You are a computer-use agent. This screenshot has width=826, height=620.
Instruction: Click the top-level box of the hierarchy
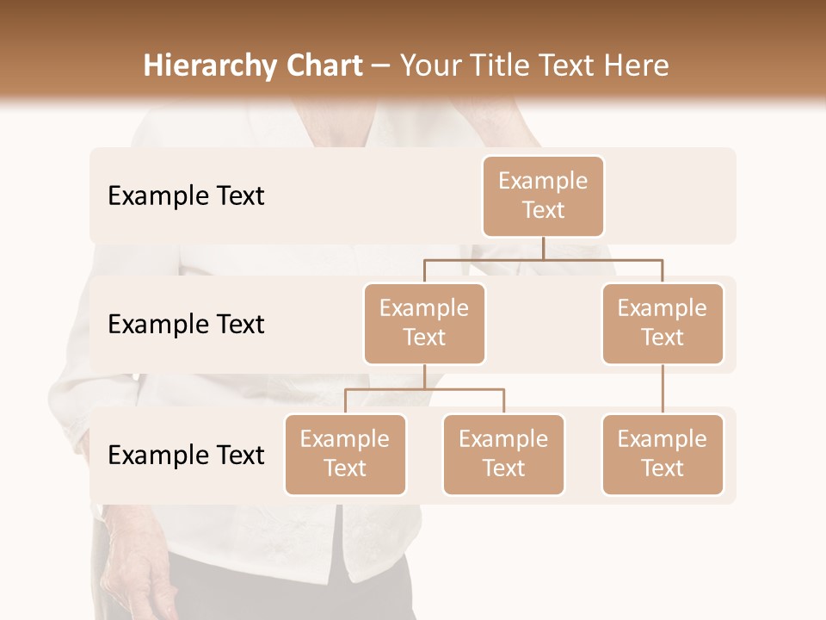(543, 196)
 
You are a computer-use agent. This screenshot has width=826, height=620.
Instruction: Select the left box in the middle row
(424, 324)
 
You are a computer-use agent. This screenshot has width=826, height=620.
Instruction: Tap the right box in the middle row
(663, 324)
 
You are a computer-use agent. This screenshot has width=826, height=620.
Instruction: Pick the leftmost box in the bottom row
(345, 455)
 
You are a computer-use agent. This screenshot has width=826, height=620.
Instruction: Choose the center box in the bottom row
(503, 455)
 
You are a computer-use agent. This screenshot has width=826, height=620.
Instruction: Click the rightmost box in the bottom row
(663, 455)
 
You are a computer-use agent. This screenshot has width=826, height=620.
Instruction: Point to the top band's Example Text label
(186, 196)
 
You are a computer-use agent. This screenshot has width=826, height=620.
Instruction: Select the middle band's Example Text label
(186, 325)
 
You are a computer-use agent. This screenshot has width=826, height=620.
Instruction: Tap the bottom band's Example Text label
(186, 455)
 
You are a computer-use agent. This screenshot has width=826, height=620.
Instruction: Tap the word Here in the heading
(638, 65)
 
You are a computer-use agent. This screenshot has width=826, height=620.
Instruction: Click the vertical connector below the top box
(543, 248)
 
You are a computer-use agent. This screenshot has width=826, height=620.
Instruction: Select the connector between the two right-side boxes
(663, 389)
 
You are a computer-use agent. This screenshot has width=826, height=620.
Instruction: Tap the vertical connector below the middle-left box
(424, 376)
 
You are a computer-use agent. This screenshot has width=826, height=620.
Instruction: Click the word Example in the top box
(543, 181)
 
